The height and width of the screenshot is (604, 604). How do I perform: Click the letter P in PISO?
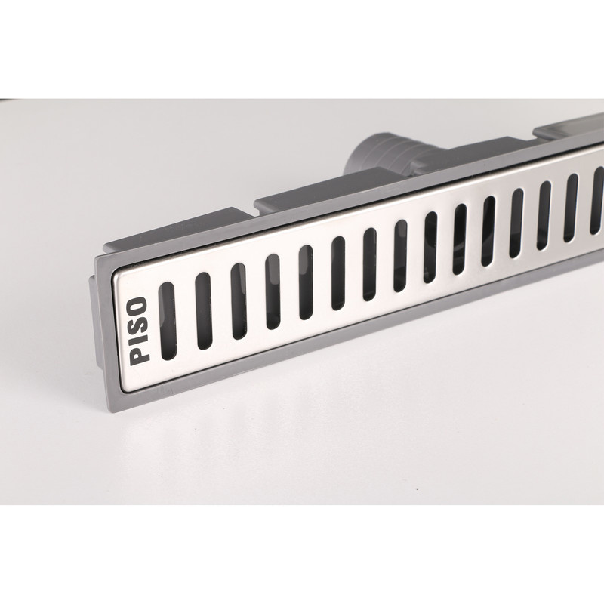[139, 356]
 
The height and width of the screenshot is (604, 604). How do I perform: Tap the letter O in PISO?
[139, 305]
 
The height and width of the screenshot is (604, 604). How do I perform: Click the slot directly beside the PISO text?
[168, 321]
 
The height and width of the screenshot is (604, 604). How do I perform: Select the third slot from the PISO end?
[239, 301]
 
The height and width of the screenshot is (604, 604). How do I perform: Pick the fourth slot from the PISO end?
[273, 291]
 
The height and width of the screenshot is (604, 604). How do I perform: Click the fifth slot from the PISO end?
[307, 282]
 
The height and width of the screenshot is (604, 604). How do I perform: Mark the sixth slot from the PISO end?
[338, 273]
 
